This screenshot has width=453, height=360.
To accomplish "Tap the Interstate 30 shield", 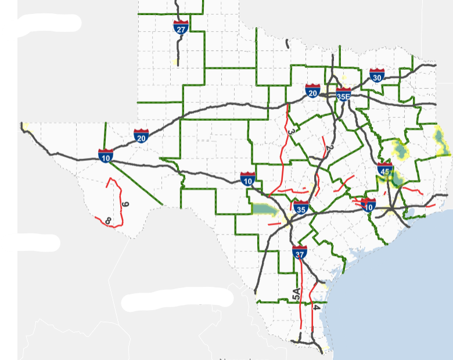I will [377, 75].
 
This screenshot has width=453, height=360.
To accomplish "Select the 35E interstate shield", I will [343, 95].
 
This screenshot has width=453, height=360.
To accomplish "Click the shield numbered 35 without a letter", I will [301, 207].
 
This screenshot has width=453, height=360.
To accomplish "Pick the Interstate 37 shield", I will [300, 251].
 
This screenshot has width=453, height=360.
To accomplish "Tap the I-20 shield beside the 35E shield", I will [313, 91].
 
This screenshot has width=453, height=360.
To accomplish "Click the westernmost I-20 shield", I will [141, 136].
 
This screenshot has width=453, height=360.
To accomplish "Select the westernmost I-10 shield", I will [106, 155].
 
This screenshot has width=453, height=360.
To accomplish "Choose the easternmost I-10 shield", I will [368, 204].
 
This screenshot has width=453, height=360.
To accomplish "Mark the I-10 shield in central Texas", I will [248, 178].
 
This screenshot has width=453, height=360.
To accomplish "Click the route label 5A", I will [296, 294].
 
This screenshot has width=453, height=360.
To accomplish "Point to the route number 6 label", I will [125, 204].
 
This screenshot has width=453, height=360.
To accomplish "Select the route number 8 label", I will [108, 221].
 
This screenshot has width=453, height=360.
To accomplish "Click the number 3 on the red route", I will [290, 134].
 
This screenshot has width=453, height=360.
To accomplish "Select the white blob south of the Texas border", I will [177, 298].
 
